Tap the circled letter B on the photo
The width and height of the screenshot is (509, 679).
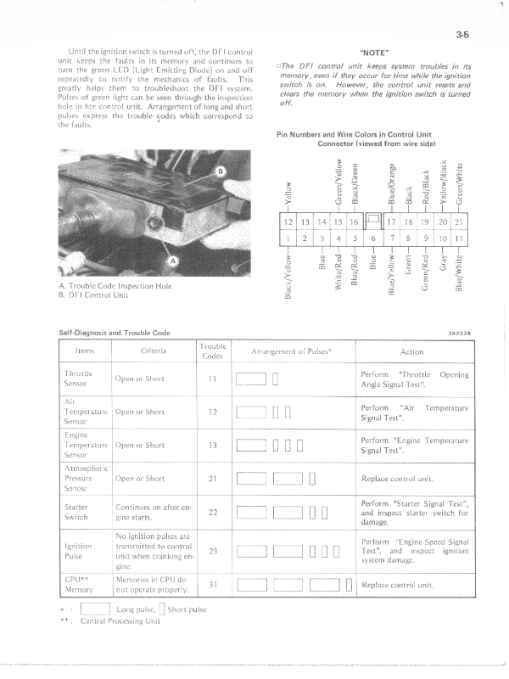pos(223,173)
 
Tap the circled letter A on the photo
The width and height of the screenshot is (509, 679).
pos(174,261)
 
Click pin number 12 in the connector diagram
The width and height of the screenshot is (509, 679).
pos(289,223)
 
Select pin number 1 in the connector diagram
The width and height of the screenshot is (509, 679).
pos(289,239)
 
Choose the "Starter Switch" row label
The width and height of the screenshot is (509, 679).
pos(77,512)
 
